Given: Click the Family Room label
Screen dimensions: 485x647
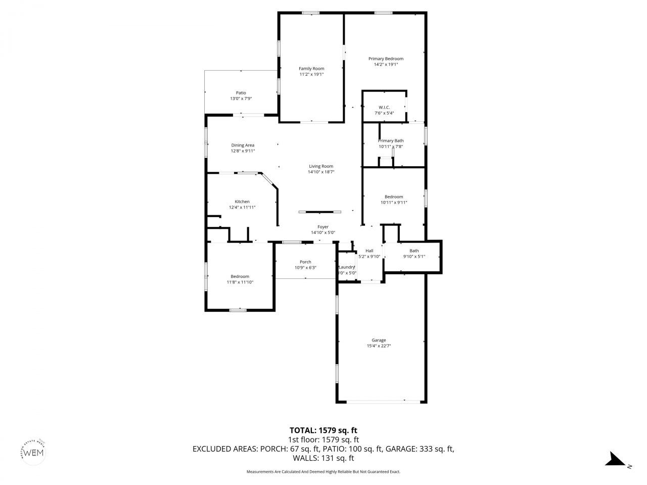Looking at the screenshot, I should pyautogui.click(x=311, y=69).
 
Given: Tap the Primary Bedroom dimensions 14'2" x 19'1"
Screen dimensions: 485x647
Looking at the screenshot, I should pyautogui.click(x=386, y=65).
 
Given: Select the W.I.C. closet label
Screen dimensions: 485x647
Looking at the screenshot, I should pyautogui.click(x=384, y=107).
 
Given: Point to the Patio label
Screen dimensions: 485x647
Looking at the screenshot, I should pyautogui.click(x=241, y=93).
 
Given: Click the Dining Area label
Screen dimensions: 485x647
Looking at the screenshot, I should pyautogui.click(x=243, y=145).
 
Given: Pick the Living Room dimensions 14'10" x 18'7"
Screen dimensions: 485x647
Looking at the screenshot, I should pyautogui.click(x=321, y=172).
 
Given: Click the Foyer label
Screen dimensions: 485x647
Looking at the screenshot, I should pyautogui.click(x=323, y=227).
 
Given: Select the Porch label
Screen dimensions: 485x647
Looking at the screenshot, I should pyautogui.click(x=305, y=262).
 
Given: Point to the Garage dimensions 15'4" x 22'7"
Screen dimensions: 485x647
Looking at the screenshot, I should pyautogui.click(x=379, y=346).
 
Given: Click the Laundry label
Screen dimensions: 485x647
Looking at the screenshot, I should pyautogui.click(x=347, y=267).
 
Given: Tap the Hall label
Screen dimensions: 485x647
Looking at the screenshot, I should pyautogui.click(x=369, y=251).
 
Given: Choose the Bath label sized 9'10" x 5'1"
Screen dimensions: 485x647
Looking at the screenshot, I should pyautogui.click(x=414, y=251).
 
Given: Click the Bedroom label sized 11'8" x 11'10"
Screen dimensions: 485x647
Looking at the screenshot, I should pyautogui.click(x=240, y=276).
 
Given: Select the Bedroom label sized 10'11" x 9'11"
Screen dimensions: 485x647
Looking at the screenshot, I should pyautogui.click(x=394, y=197).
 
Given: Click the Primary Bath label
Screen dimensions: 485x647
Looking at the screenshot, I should pyautogui.click(x=391, y=140).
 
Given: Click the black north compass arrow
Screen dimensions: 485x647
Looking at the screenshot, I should pyautogui.click(x=615, y=459).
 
